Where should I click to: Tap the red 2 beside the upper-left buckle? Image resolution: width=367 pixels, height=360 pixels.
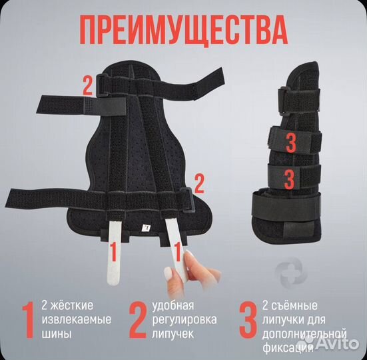click(86, 85)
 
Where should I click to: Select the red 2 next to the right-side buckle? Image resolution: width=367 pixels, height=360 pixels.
click(198, 181)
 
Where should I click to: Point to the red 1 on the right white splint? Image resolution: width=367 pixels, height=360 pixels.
click(177, 253)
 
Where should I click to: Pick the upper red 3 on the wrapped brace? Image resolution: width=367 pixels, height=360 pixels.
click(290, 141)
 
